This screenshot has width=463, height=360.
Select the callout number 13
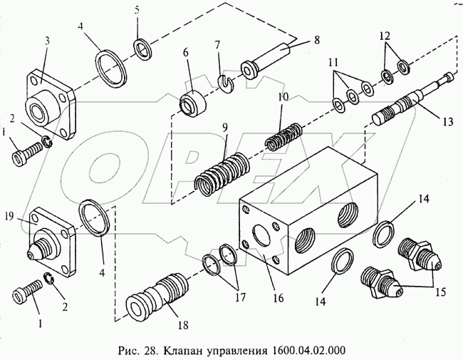(446, 121)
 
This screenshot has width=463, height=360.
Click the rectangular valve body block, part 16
(306, 214)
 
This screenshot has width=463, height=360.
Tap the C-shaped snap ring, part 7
(226, 84)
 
